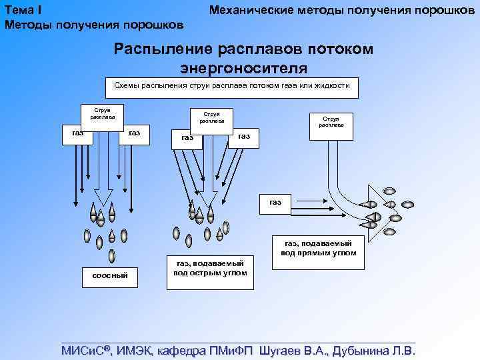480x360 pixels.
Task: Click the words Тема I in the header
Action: [24, 10]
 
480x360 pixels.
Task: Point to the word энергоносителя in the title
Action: [243, 67]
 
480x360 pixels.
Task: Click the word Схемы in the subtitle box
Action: [127, 86]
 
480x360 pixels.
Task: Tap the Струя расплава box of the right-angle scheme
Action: [331, 121]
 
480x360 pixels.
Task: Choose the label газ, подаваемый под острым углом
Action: [210, 268]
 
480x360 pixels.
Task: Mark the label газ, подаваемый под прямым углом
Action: [319, 248]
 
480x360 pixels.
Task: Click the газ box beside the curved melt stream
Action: [275, 202]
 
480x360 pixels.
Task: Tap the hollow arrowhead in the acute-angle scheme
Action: [205, 198]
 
